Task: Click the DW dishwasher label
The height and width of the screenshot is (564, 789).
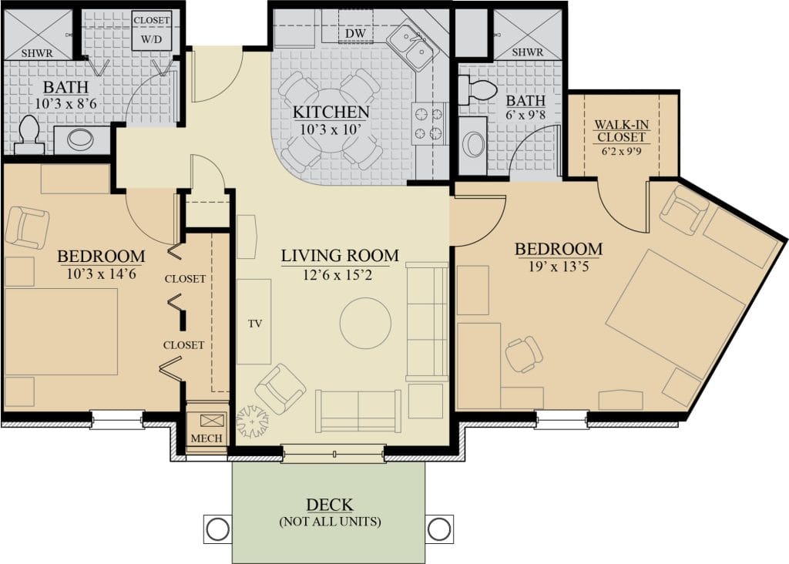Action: [354, 34]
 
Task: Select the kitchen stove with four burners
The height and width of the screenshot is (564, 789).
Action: [429, 123]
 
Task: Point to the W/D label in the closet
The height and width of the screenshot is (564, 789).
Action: [152, 39]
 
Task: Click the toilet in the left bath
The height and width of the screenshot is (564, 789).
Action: [29, 135]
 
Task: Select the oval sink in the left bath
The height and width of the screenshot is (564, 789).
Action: [80, 139]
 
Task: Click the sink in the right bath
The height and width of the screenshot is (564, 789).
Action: [472, 146]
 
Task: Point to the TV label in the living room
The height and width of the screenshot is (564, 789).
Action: [255, 324]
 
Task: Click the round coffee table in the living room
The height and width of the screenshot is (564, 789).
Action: [365, 324]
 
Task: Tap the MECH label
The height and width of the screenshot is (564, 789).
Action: [206, 438]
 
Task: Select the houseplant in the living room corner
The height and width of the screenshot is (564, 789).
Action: [253, 421]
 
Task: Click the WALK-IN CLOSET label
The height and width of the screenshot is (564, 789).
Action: [622, 131]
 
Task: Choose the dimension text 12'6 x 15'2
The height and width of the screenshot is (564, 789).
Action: [337, 275]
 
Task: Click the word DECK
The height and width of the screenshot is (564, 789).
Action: [330, 505]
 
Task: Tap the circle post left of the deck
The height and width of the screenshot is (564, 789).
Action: [218, 529]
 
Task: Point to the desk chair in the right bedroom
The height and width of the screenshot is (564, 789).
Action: [524, 354]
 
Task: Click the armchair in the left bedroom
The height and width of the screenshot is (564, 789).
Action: [27, 227]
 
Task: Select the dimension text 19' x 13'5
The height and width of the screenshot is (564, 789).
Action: [558, 266]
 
